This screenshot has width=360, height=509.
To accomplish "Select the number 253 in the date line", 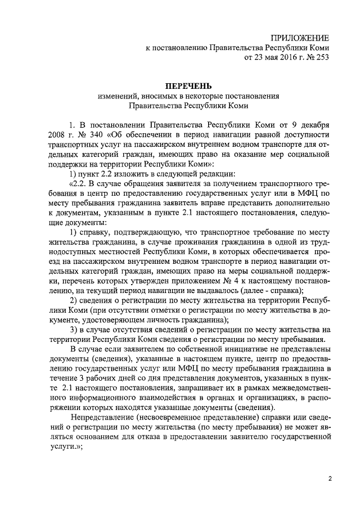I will point(321,57).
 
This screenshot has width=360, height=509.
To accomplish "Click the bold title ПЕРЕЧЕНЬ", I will point(188,85).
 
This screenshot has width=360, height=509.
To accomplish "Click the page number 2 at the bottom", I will point(330,478).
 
